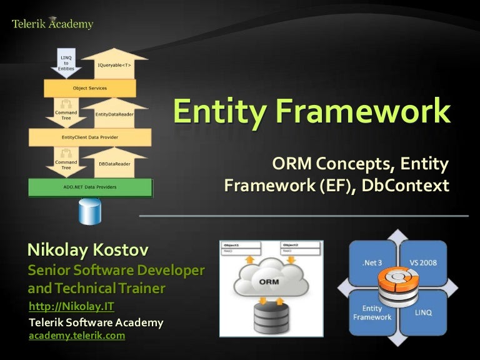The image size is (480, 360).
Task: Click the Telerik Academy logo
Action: point(52,24)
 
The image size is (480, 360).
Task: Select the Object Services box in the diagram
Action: point(90,88)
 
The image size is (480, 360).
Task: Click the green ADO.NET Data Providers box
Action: point(91,187)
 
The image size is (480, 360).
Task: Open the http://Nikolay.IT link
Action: point(72,306)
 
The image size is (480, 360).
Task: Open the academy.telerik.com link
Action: point(77,336)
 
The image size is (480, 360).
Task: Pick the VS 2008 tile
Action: point(424,263)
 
